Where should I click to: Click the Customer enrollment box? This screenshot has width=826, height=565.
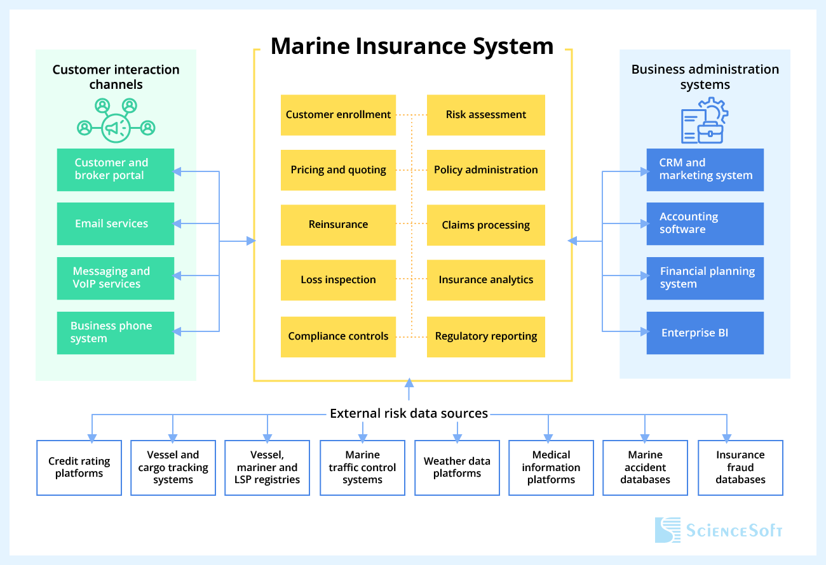(338, 115)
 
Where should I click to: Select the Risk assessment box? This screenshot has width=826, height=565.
(485, 115)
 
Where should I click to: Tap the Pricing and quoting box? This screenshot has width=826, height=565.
(338, 170)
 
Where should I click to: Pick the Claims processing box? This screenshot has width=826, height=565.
(485, 225)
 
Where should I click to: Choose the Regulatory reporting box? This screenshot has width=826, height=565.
(485, 336)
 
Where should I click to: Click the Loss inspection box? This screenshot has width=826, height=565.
(338, 280)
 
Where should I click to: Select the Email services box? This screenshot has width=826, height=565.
(115, 223)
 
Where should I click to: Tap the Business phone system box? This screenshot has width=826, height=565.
(115, 333)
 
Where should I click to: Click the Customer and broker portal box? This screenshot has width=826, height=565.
(115, 169)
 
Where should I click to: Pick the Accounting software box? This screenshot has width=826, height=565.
(705, 223)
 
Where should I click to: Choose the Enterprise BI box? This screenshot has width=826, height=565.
(705, 333)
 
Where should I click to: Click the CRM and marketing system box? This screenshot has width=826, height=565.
(705, 169)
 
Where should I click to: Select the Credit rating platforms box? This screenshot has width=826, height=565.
(79, 468)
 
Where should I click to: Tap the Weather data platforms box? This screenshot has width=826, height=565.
(457, 468)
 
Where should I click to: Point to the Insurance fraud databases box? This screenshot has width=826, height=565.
(740, 468)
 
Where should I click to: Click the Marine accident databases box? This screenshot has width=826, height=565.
(645, 468)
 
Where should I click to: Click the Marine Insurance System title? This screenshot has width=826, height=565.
(412, 46)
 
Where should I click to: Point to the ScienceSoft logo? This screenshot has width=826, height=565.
(719, 530)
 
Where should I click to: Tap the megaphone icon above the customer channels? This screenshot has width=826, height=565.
(116, 128)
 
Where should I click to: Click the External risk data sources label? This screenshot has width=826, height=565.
(409, 414)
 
